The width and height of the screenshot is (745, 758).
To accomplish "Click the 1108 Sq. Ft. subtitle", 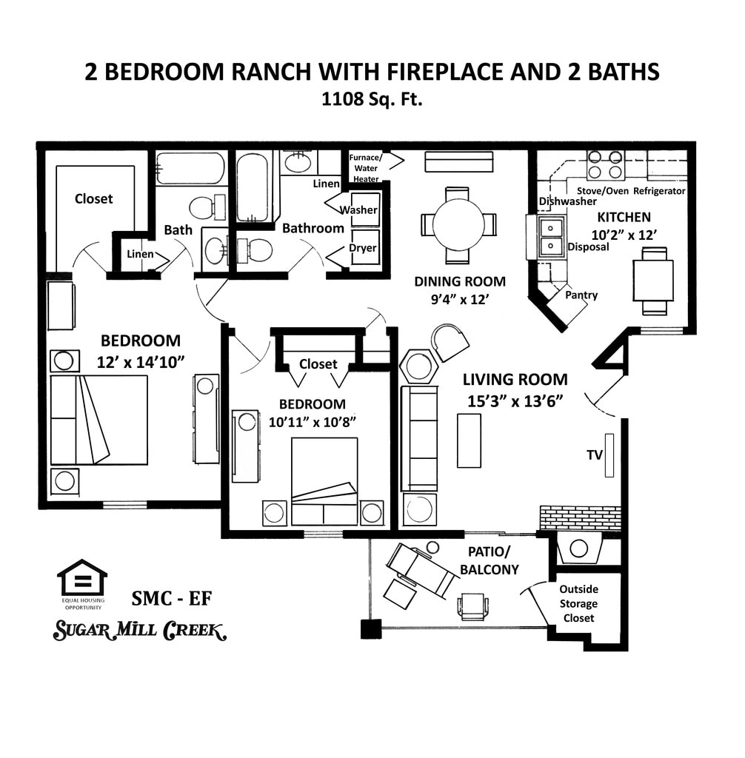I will [x=372, y=98].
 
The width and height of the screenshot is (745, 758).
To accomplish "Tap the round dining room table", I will [x=458, y=224].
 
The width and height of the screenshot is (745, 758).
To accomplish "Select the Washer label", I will [x=358, y=209].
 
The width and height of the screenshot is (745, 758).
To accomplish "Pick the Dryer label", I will [x=362, y=248].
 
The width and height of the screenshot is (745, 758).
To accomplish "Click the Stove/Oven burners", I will [x=605, y=164].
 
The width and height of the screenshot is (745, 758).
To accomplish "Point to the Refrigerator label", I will [x=660, y=191].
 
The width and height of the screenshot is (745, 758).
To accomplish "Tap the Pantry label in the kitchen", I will [x=581, y=295].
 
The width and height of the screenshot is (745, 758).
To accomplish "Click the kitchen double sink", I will [x=551, y=236].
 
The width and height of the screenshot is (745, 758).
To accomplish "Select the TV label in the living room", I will [x=595, y=455].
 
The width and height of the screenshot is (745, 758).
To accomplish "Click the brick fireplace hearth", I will [x=579, y=517].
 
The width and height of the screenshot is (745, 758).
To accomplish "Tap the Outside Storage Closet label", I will [x=578, y=603].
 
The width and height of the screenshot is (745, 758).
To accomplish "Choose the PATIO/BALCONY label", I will [x=489, y=560].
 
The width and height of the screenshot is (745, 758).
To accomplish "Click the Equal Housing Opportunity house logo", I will [x=82, y=578].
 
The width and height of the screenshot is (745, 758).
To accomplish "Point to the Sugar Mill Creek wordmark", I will [x=139, y=631].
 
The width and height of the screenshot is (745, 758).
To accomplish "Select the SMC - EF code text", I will [x=171, y=598].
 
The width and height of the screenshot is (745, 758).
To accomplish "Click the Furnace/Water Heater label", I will [x=366, y=168].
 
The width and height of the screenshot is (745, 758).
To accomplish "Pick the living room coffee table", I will [x=469, y=440].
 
